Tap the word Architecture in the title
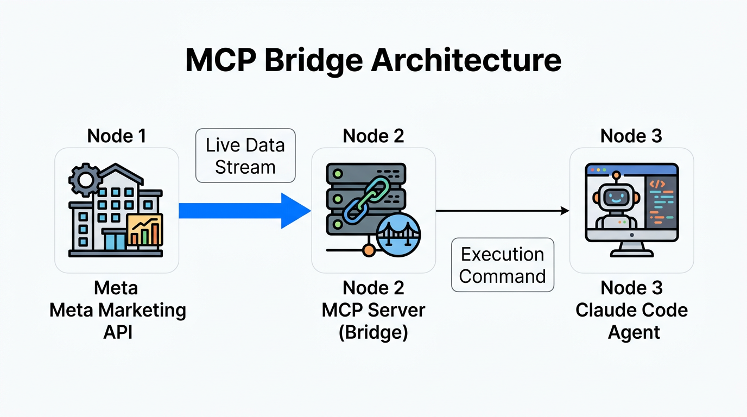pos(466,60)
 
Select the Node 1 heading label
pos(116,136)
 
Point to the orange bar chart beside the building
pos(144,230)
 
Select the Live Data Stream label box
pos(245,156)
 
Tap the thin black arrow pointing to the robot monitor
pos(502,211)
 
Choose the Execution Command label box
pos(502,266)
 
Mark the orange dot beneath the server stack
pos(368,250)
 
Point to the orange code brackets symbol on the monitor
pos(657,184)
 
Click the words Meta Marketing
pos(117,311)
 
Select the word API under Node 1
pos(117,332)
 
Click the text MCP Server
pos(373,311)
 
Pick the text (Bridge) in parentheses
pos(373,332)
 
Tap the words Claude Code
pos(631,311)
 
